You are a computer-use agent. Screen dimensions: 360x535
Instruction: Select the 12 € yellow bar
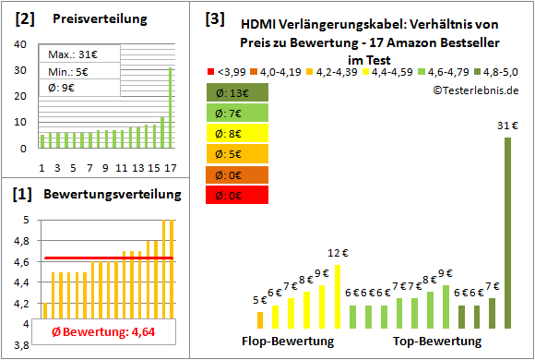[338, 296]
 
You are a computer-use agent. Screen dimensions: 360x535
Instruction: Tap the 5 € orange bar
[260, 319]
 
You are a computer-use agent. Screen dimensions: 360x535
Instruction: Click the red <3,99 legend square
[211, 70]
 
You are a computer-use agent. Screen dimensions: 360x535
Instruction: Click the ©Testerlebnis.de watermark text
[475, 90]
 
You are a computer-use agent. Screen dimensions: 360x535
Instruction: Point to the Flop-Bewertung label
[288, 342]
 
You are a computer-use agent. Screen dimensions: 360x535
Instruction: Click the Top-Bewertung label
[437, 342]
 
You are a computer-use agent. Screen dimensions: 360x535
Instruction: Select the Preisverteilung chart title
[96, 18]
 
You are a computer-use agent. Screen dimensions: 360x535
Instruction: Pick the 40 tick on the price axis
[21, 44]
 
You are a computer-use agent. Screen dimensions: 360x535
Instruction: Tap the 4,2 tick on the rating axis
[18, 303]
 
